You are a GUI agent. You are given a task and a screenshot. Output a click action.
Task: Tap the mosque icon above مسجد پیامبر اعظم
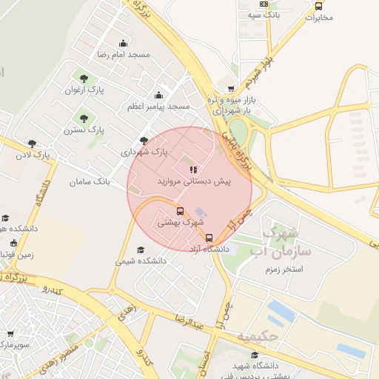click(158, 95)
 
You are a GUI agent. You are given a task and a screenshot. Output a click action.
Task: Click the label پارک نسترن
click(86, 129)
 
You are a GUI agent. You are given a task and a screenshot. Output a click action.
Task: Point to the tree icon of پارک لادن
click(32, 144)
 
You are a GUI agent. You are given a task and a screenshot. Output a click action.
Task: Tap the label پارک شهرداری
click(145, 152)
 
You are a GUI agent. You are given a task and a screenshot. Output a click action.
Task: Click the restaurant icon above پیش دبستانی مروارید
click(194, 170)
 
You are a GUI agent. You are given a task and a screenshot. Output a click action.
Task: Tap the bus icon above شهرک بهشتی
click(180, 211)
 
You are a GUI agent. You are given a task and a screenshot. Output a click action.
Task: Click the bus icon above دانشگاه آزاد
click(209, 238)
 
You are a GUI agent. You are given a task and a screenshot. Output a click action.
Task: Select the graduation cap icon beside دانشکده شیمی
click(141, 250)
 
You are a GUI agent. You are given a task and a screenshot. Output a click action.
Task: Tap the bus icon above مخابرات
click(318, 5)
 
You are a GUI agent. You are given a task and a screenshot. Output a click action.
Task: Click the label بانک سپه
click(264, 15)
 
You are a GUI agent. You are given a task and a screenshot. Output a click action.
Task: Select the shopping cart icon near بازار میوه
click(231, 89)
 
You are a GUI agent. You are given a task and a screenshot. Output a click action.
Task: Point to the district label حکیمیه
click(258, 338)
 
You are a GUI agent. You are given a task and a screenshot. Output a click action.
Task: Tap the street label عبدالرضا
click(188, 321)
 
